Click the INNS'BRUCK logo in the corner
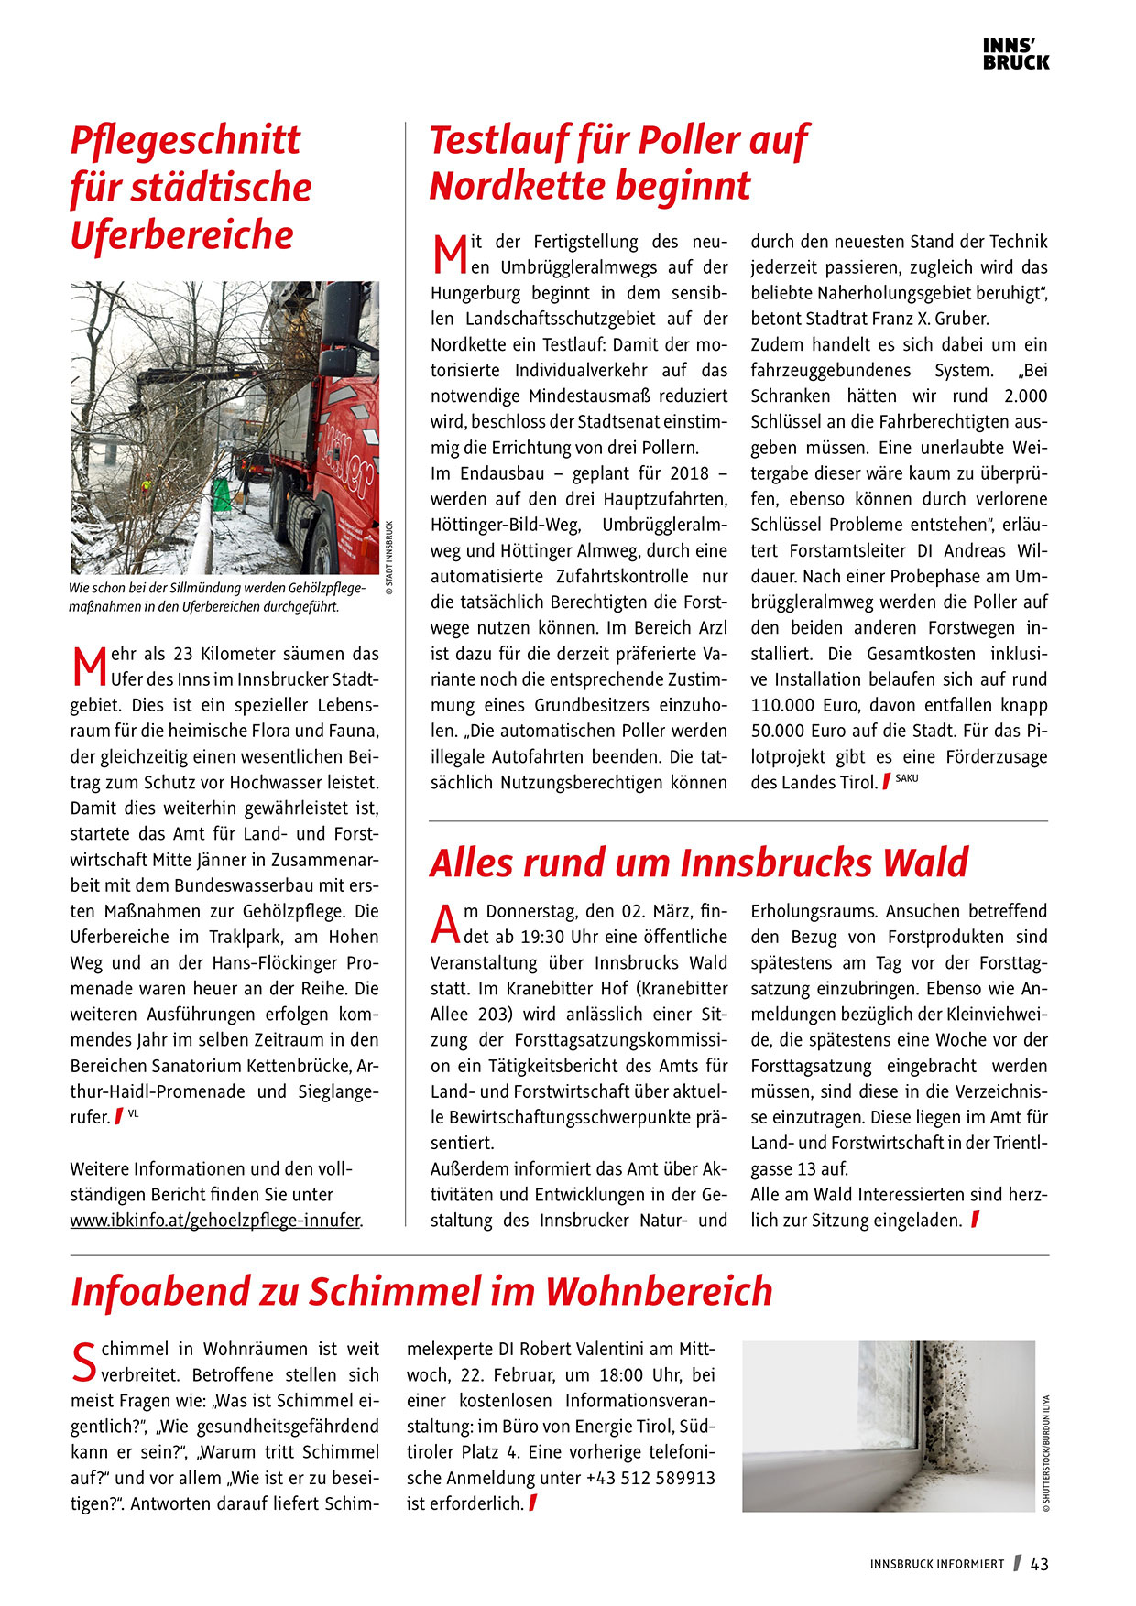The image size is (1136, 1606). pos(1015,54)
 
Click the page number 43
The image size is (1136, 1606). pos(1040,1564)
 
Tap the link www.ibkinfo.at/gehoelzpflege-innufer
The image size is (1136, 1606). pos(216,1221)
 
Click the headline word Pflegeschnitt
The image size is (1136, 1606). pos(186,140)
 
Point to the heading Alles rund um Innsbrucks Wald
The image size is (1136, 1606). pos(698,863)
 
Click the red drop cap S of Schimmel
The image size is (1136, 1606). pos(83,1362)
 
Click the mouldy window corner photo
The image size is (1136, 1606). pos(888,1426)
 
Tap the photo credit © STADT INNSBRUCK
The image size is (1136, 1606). pos(388,558)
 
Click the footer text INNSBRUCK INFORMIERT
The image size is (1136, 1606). pos(936,1565)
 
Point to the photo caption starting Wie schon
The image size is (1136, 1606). pos(216,597)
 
